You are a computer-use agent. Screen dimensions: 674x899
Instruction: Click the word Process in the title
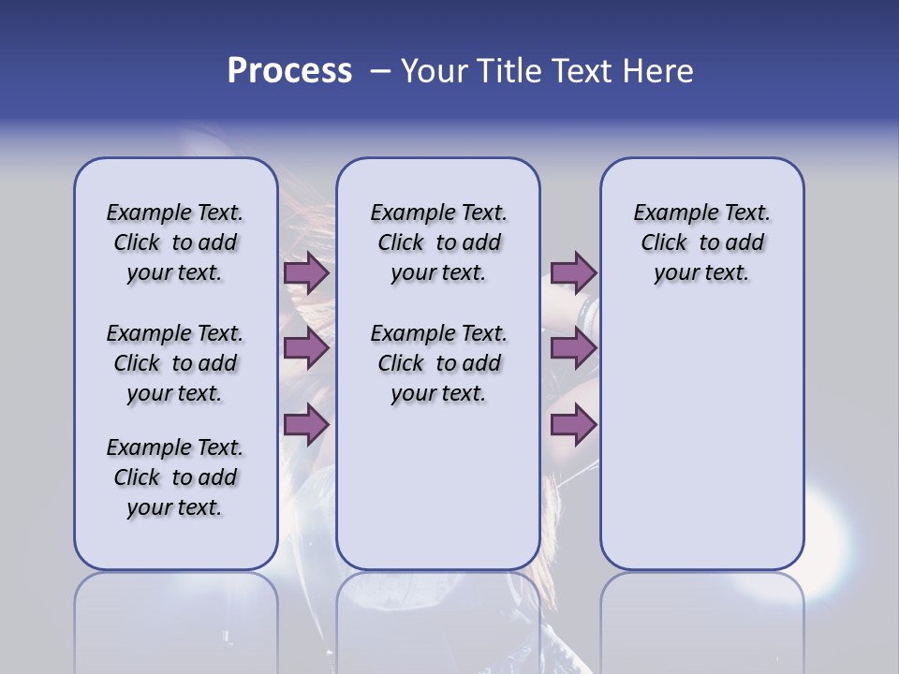tap(289, 71)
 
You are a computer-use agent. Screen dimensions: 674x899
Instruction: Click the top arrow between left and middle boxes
tap(306, 273)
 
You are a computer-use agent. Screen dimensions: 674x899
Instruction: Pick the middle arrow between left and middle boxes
tap(306, 348)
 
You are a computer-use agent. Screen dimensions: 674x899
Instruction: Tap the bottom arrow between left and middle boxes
tap(306, 425)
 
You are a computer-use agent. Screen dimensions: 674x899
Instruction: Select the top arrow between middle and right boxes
tap(573, 272)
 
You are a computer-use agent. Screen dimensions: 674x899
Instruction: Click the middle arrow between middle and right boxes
tap(573, 348)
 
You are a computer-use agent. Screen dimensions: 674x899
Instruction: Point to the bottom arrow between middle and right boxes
tap(573, 425)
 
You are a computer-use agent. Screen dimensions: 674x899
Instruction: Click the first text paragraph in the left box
tap(175, 242)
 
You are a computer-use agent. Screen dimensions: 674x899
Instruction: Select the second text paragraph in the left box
tap(175, 363)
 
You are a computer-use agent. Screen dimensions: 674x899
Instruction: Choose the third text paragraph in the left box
tap(175, 477)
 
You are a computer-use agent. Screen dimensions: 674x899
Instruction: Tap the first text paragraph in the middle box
tap(438, 242)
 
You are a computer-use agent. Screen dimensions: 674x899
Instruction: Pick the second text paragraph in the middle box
tap(438, 363)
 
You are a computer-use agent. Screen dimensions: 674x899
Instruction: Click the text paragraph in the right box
tap(701, 242)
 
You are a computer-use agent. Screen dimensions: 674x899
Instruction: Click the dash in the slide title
tap(380, 71)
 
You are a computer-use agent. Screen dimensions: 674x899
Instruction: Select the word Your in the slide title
tap(433, 71)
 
